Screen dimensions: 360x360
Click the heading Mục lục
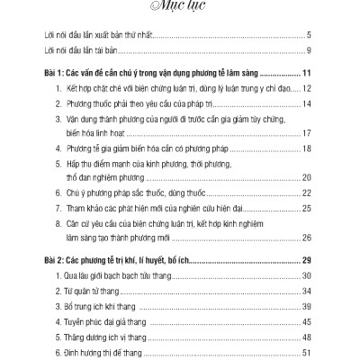pos(179,10)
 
